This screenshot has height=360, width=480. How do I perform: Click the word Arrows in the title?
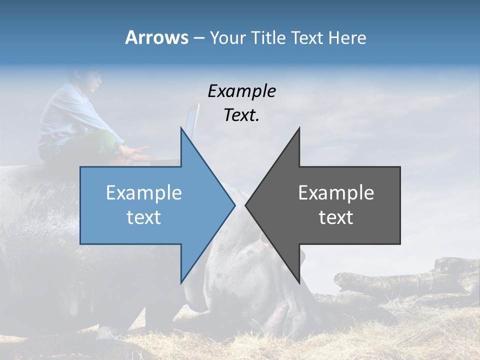(156, 37)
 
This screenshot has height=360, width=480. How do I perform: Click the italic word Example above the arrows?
(241, 91)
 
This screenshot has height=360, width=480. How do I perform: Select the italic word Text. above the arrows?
(241, 115)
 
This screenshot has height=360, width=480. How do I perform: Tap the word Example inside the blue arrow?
(143, 193)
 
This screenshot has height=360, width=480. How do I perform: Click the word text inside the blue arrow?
(143, 217)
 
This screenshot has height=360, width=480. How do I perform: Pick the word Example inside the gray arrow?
(336, 193)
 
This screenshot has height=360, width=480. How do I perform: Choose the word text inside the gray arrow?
(336, 217)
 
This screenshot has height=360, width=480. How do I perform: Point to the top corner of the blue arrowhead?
(181, 128)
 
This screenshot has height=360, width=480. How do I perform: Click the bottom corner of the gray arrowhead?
(299, 282)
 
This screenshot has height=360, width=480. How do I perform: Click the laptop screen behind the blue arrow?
(192, 120)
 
